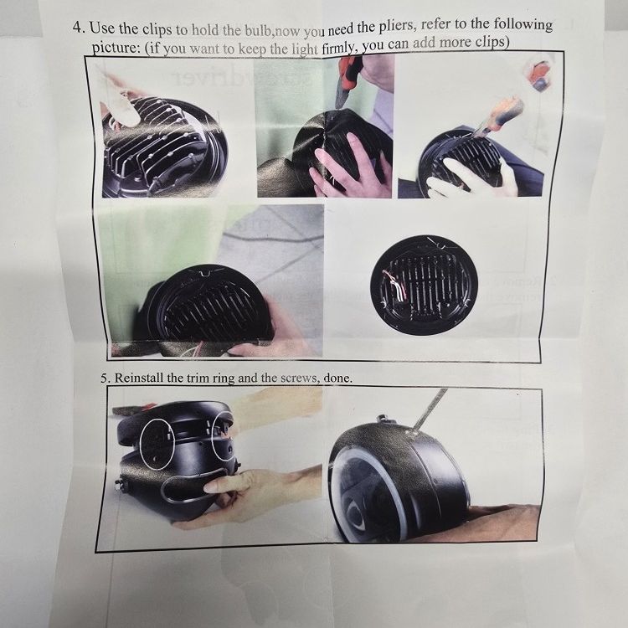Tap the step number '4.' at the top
(x=79, y=28)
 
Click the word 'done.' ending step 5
(x=338, y=378)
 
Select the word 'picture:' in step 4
(x=116, y=48)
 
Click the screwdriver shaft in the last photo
(x=430, y=409)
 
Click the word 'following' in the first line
(x=522, y=25)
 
